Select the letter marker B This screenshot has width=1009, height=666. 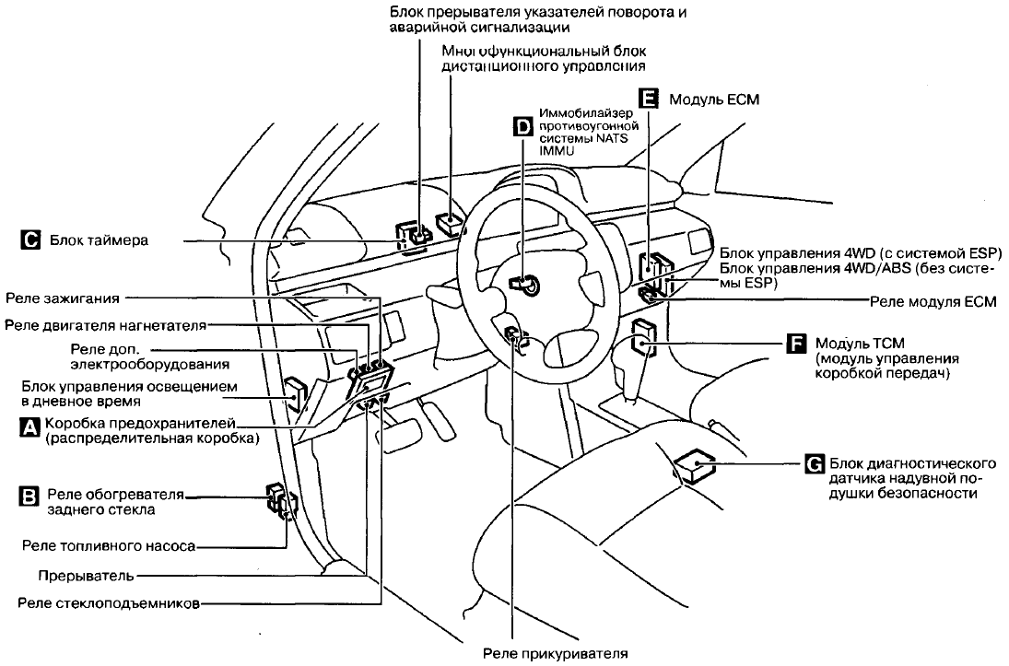29,498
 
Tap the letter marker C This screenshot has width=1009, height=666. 29,241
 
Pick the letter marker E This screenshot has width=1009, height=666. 649,99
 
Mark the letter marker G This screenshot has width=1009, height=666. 814,463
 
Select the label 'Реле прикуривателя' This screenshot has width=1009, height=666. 556,655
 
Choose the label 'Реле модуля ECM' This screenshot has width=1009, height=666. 933,301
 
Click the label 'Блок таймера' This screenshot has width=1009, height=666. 100,241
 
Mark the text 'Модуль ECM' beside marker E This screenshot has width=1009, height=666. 713,99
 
